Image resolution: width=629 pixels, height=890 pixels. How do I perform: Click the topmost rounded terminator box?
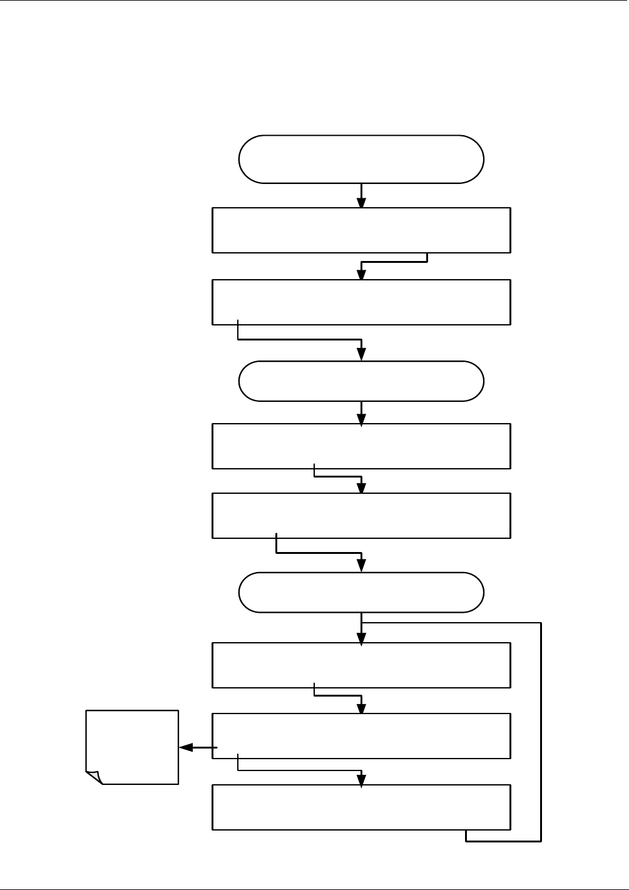point(361,159)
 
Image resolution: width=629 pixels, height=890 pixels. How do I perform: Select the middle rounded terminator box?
point(361,381)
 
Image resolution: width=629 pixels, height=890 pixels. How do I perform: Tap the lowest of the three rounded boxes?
point(361,592)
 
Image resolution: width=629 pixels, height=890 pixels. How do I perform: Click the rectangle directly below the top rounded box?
point(361,230)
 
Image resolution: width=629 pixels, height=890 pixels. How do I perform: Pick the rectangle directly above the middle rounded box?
point(361,302)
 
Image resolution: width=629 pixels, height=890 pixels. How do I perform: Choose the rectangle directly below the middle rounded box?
point(361,446)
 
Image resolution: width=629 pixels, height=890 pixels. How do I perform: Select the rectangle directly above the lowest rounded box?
point(361,515)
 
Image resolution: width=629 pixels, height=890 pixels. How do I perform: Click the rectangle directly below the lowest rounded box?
point(361,665)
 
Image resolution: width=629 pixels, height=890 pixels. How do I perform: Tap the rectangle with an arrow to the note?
point(361,735)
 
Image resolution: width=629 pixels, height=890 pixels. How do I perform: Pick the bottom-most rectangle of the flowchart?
point(361,807)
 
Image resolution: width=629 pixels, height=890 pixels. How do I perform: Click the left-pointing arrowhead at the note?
point(185,747)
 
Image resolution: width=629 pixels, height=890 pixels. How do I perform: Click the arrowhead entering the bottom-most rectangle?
point(361,779)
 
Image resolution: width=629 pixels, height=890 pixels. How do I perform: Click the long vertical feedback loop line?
point(540,732)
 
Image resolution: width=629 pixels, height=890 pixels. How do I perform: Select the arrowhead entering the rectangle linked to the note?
point(361,708)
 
